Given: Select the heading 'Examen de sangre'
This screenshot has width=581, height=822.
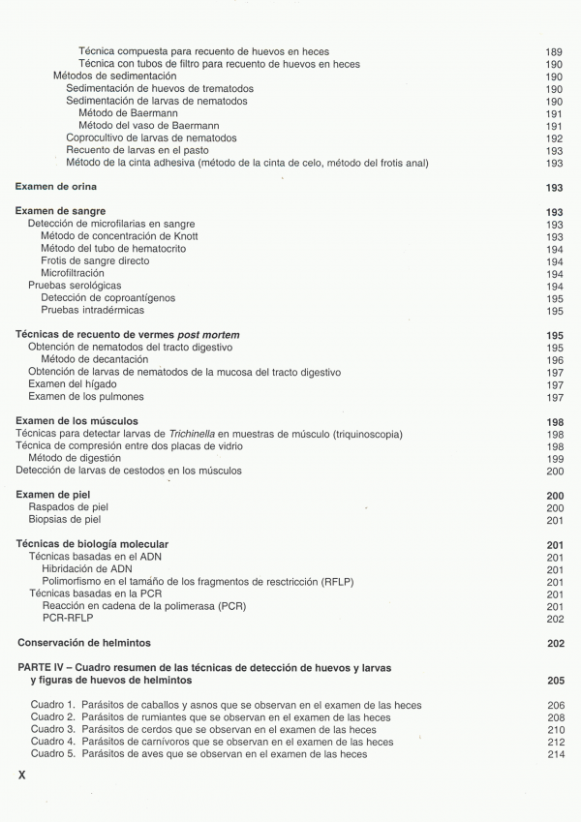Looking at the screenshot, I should pyautogui.click(x=61, y=212).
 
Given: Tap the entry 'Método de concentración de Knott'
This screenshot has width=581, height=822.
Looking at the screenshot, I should pyautogui.click(x=119, y=236).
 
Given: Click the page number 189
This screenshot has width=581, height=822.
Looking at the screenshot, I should pyautogui.click(x=554, y=51).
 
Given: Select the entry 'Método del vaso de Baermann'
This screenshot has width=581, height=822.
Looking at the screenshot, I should pyautogui.click(x=148, y=126).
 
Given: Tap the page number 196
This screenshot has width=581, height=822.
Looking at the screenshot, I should pyautogui.click(x=554, y=360).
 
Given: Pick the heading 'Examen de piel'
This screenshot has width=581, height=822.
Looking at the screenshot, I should pyautogui.click(x=55, y=496).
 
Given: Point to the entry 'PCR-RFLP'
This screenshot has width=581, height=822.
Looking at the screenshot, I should pyautogui.click(x=66, y=619).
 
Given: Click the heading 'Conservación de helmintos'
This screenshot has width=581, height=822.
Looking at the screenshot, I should pyautogui.click(x=84, y=643).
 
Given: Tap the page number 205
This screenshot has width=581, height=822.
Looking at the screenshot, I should pyautogui.click(x=554, y=681).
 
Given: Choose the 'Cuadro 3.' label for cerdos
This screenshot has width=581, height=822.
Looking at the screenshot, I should pyautogui.click(x=52, y=729).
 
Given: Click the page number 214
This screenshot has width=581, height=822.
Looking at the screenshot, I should pyautogui.click(x=554, y=753).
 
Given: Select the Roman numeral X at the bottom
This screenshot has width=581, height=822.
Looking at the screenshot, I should pyautogui.click(x=24, y=776).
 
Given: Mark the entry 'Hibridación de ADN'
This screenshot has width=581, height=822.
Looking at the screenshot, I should pyautogui.click(x=87, y=569).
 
